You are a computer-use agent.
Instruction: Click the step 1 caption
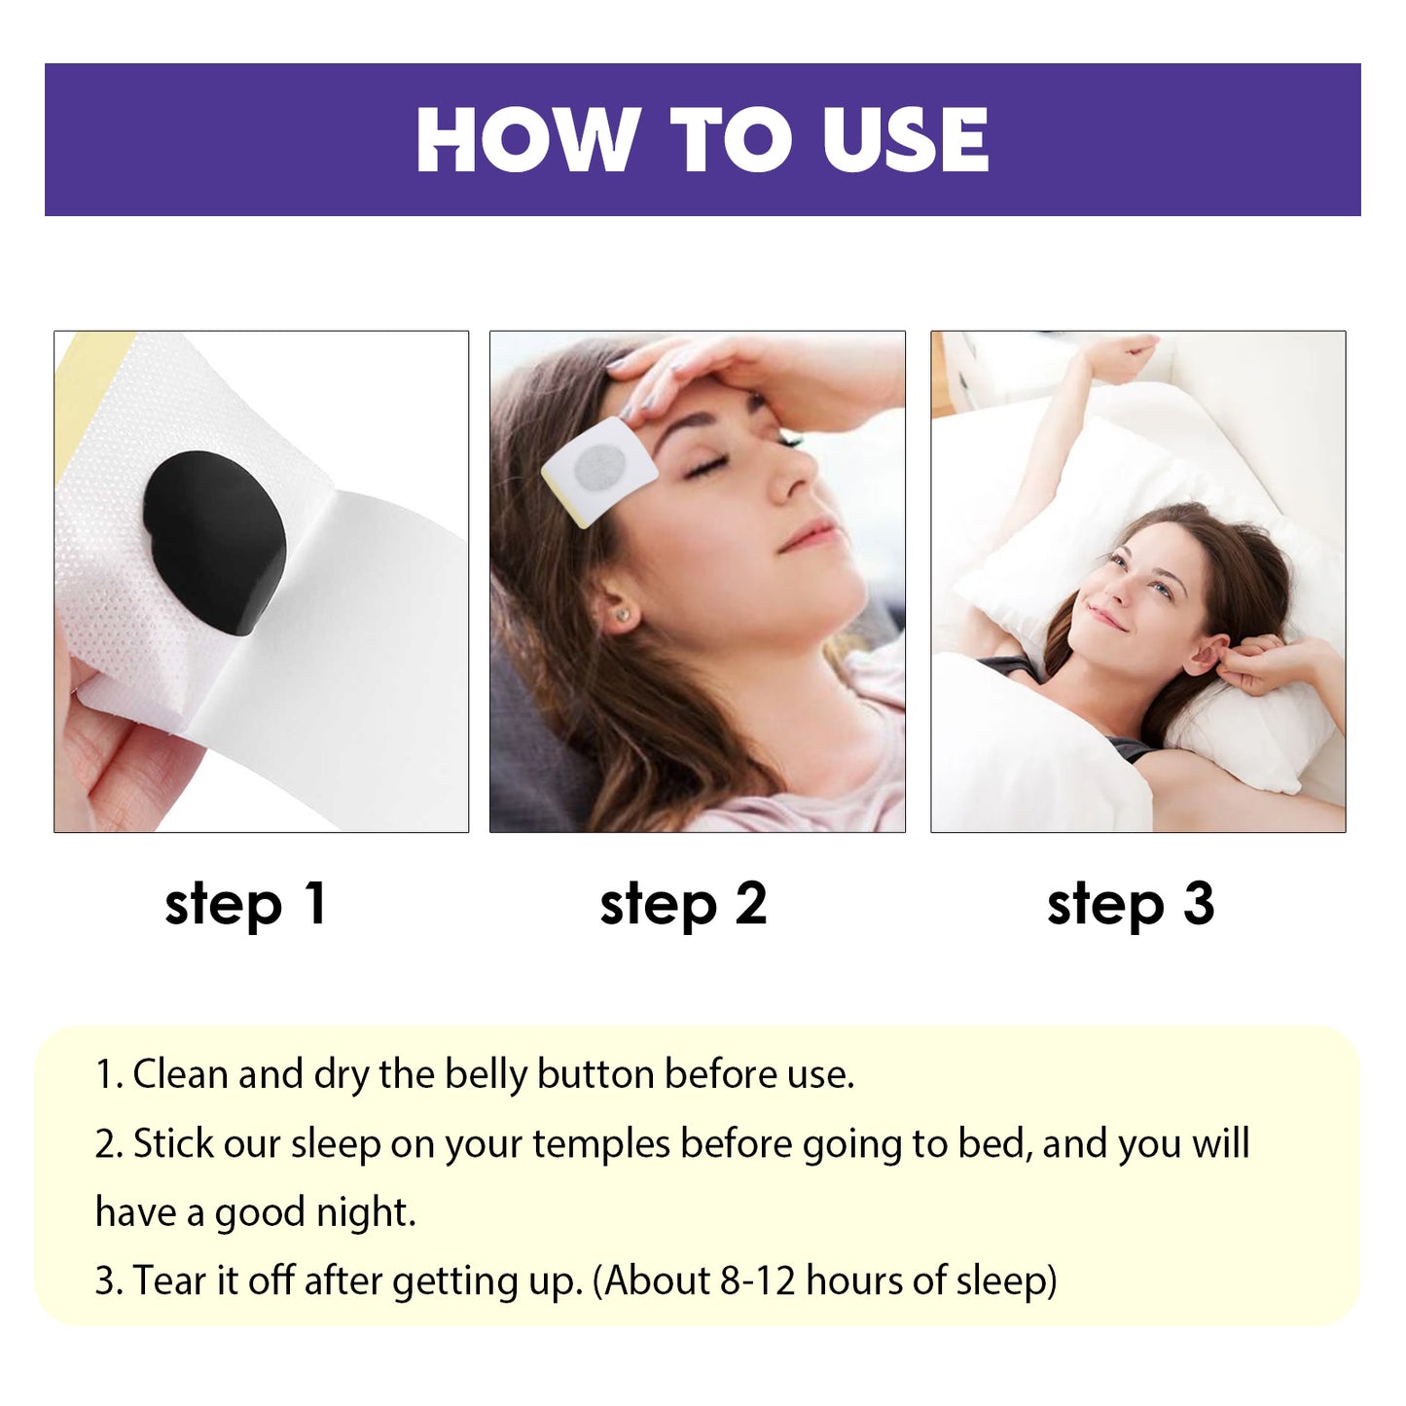click(245, 906)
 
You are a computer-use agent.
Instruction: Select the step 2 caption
click(683, 906)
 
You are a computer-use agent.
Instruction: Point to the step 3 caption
click(1131, 906)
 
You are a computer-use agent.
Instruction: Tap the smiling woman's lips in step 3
click(1104, 616)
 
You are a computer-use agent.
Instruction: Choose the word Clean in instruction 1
click(179, 1075)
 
